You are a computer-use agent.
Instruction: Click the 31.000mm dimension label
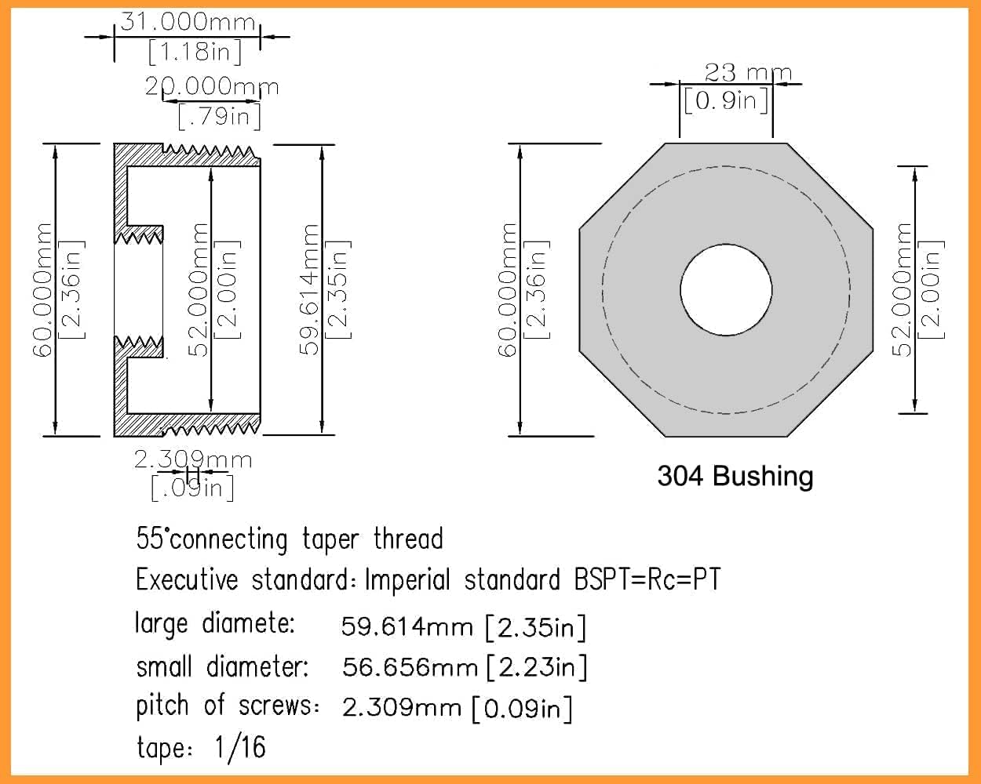pyautogui.click(x=188, y=21)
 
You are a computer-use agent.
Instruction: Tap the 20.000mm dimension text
pyautogui.click(x=212, y=86)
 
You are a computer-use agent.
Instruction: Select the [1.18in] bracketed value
pyautogui.click(x=194, y=53)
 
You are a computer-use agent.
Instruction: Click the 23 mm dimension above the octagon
pyautogui.click(x=747, y=73)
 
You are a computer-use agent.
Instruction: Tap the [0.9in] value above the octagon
pyautogui.click(x=726, y=100)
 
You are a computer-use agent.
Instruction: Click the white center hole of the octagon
pyautogui.click(x=726, y=290)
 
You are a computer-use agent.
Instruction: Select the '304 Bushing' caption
pyautogui.click(x=735, y=476)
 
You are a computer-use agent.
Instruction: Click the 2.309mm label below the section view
pyautogui.click(x=193, y=459)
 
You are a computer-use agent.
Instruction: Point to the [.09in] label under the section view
pyautogui.click(x=192, y=488)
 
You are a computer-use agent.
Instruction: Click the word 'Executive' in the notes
pyautogui.click(x=186, y=580)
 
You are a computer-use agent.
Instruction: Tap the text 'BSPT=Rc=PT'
pyautogui.click(x=647, y=580)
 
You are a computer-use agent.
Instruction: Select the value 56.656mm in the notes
pyautogui.click(x=410, y=667)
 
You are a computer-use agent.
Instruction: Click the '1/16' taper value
pyautogui.click(x=240, y=747)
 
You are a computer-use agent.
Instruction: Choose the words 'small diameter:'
pyautogui.click(x=222, y=667)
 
